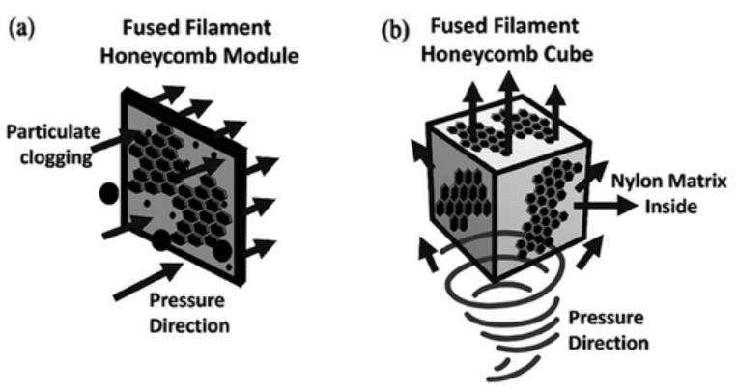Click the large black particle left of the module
(109, 194)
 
